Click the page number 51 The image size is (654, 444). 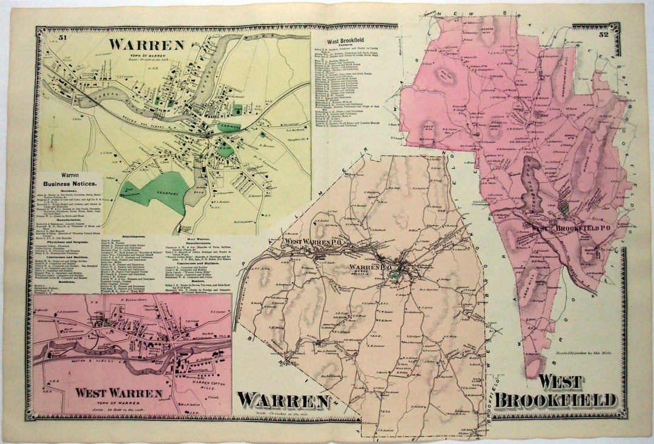(62, 38)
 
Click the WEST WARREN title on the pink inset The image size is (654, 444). (118, 393)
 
